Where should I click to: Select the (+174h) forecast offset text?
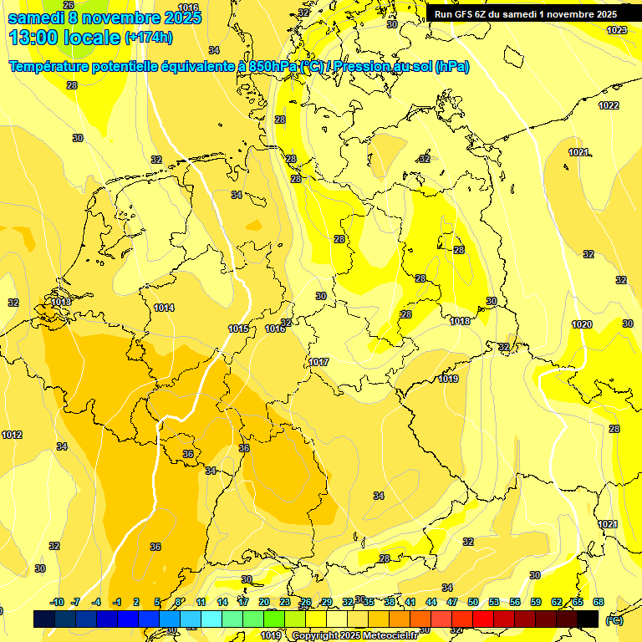coord(149,38)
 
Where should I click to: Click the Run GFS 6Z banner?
coord(525,14)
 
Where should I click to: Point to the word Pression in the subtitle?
coord(362,67)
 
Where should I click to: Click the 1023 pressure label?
coord(617,30)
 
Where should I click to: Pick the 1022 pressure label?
coord(609,105)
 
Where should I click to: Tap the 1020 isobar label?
coord(582,324)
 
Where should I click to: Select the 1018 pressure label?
coord(460,321)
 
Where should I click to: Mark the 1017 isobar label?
coord(318,362)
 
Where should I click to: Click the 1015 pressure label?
coord(238,329)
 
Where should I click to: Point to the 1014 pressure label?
coord(164,308)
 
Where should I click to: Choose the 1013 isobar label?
coord(60,302)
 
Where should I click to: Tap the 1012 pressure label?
coord(12,435)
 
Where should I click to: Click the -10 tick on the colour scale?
coord(57,602)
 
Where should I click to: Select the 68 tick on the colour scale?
coord(599,602)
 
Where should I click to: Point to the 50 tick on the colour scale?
coord(473,602)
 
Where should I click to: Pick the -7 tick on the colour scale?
coord(75,602)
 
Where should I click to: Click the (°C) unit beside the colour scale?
coord(614,619)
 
